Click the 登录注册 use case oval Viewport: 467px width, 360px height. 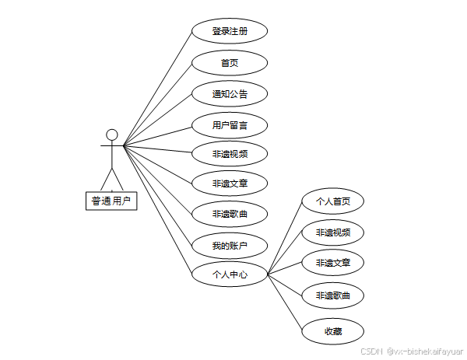230,32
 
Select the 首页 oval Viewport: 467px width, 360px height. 230,63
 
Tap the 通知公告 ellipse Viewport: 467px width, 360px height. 230,94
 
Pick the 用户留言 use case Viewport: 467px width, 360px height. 230,124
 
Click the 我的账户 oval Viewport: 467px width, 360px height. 230,246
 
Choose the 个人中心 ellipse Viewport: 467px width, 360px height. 230,274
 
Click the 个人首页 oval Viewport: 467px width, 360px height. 332,201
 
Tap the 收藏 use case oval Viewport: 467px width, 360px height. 332,331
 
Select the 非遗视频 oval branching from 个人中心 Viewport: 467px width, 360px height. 332,232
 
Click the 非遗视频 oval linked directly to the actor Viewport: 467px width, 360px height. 230,153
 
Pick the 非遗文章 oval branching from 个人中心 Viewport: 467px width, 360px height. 332,263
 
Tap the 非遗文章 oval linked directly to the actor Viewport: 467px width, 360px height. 230,183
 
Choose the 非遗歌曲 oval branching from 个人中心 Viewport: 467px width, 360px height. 332,295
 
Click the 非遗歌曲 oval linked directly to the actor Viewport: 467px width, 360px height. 230,214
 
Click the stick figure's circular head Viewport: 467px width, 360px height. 112,135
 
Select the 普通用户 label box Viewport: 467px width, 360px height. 111,201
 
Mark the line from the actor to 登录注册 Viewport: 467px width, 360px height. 158,88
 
